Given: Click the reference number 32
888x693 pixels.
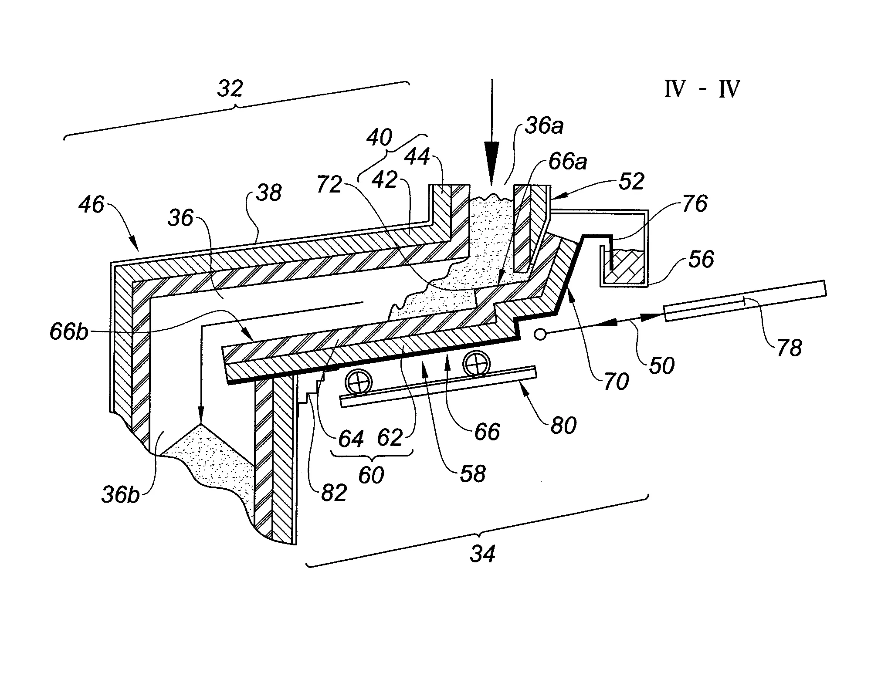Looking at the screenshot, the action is (x=230, y=89).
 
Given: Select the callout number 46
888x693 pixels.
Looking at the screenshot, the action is (x=92, y=204).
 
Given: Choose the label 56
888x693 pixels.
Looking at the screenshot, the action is (x=701, y=259).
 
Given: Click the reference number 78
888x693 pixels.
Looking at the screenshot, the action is (x=789, y=348).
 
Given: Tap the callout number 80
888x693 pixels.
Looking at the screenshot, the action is (x=563, y=425).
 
